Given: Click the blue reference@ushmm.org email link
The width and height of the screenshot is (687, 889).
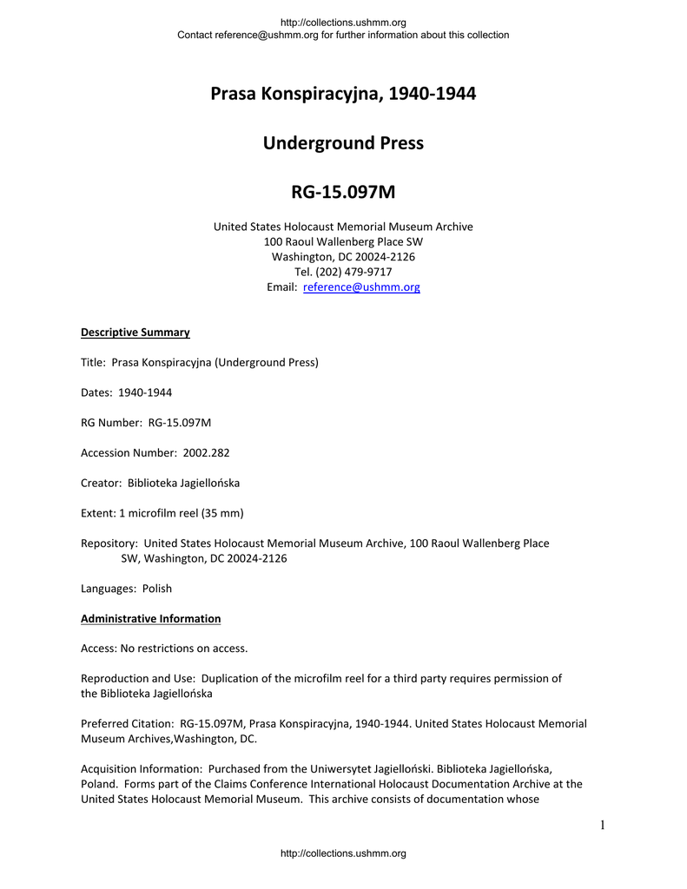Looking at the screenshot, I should pos(361,287).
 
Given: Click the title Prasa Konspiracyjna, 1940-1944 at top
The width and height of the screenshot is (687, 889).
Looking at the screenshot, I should pos(343,94).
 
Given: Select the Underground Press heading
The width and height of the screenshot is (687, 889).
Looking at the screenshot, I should pos(343,143).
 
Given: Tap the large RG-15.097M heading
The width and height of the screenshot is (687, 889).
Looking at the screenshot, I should pos(343,192).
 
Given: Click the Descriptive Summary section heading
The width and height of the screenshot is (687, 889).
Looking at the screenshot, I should pos(135,333).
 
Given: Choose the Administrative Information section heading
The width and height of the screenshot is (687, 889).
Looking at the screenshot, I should pos(150,619).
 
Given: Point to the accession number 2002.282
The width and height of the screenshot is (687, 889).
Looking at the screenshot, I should pos(206,453).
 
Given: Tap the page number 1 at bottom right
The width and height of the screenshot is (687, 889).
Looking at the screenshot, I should pos(601,825).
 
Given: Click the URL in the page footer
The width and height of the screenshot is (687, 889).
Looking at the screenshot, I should pos(343,854).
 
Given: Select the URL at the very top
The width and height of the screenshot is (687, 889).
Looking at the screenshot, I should pos(343,23).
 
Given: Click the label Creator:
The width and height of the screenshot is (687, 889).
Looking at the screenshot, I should pos(102,483).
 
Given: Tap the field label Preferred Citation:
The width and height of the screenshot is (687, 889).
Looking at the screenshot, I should pos(128,723).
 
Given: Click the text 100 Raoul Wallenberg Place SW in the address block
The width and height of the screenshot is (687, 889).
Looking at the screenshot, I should pos(343,241).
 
